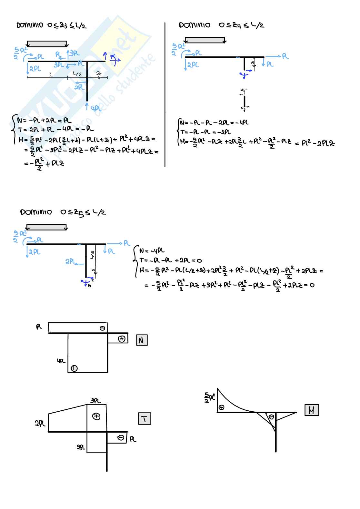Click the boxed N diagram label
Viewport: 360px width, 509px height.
142,340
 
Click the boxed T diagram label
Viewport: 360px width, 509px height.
144,419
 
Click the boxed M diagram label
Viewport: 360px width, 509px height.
311,410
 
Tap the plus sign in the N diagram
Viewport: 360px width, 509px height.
122,339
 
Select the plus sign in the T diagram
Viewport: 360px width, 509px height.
96,416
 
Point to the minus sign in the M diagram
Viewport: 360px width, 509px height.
272,417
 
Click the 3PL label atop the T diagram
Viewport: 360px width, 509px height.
95,401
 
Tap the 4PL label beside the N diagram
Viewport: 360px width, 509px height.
61,361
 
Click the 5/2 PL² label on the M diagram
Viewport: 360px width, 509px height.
210,397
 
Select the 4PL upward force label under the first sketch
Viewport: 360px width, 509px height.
96,109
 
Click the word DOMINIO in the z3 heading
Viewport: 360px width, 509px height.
30,25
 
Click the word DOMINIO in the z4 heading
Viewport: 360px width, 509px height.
194,25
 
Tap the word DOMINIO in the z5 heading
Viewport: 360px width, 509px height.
36,212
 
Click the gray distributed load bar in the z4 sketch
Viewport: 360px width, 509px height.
205,40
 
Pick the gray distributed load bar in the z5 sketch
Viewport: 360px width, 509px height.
46,227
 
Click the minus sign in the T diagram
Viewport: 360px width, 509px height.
121,438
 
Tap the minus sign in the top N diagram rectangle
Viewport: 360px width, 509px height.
102,328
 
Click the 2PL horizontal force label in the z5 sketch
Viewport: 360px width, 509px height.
70,261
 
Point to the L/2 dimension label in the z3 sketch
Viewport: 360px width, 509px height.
77,74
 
